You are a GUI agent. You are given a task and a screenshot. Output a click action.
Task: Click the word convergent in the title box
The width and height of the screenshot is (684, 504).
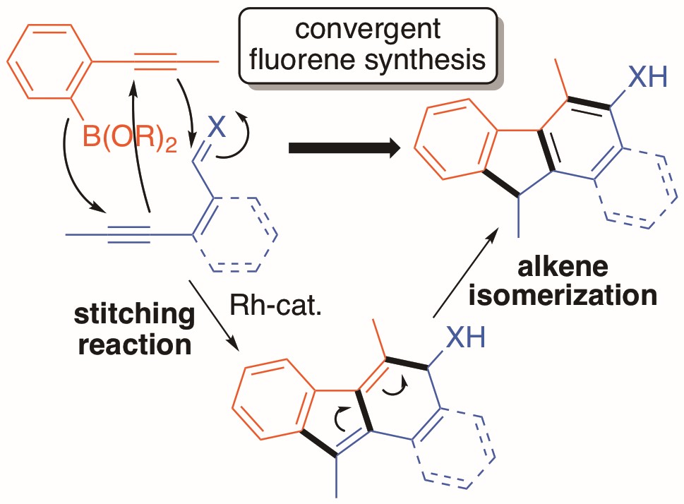coord(368,30)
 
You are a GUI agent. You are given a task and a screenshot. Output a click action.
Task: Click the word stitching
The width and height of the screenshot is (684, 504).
coord(134,316)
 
